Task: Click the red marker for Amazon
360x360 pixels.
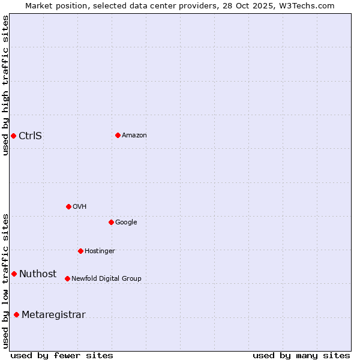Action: (x=118, y=135)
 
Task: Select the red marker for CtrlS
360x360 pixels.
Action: (x=13, y=136)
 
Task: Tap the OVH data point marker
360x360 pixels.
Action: (x=68, y=206)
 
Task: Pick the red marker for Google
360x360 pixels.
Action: (x=111, y=222)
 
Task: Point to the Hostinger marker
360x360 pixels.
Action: (x=80, y=251)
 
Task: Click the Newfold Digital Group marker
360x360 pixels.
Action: (x=67, y=278)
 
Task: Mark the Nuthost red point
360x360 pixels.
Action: (x=14, y=274)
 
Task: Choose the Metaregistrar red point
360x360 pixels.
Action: (x=16, y=314)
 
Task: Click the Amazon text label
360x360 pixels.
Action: (x=134, y=136)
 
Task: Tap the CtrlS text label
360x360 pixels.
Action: (x=30, y=136)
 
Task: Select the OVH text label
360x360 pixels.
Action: (x=80, y=207)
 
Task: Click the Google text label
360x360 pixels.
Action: (x=126, y=223)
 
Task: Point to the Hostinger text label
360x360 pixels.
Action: (x=100, y=251)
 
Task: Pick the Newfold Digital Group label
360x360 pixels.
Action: (x=106, y=279)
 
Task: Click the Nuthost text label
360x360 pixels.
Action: (x=37, y=274)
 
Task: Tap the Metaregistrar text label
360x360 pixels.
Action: (x=53, y=315)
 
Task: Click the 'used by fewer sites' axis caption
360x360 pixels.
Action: (x=62, y=356)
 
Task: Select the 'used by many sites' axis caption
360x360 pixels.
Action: (x=301, y=356)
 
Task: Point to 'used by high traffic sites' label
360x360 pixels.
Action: (x=6, y=85)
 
